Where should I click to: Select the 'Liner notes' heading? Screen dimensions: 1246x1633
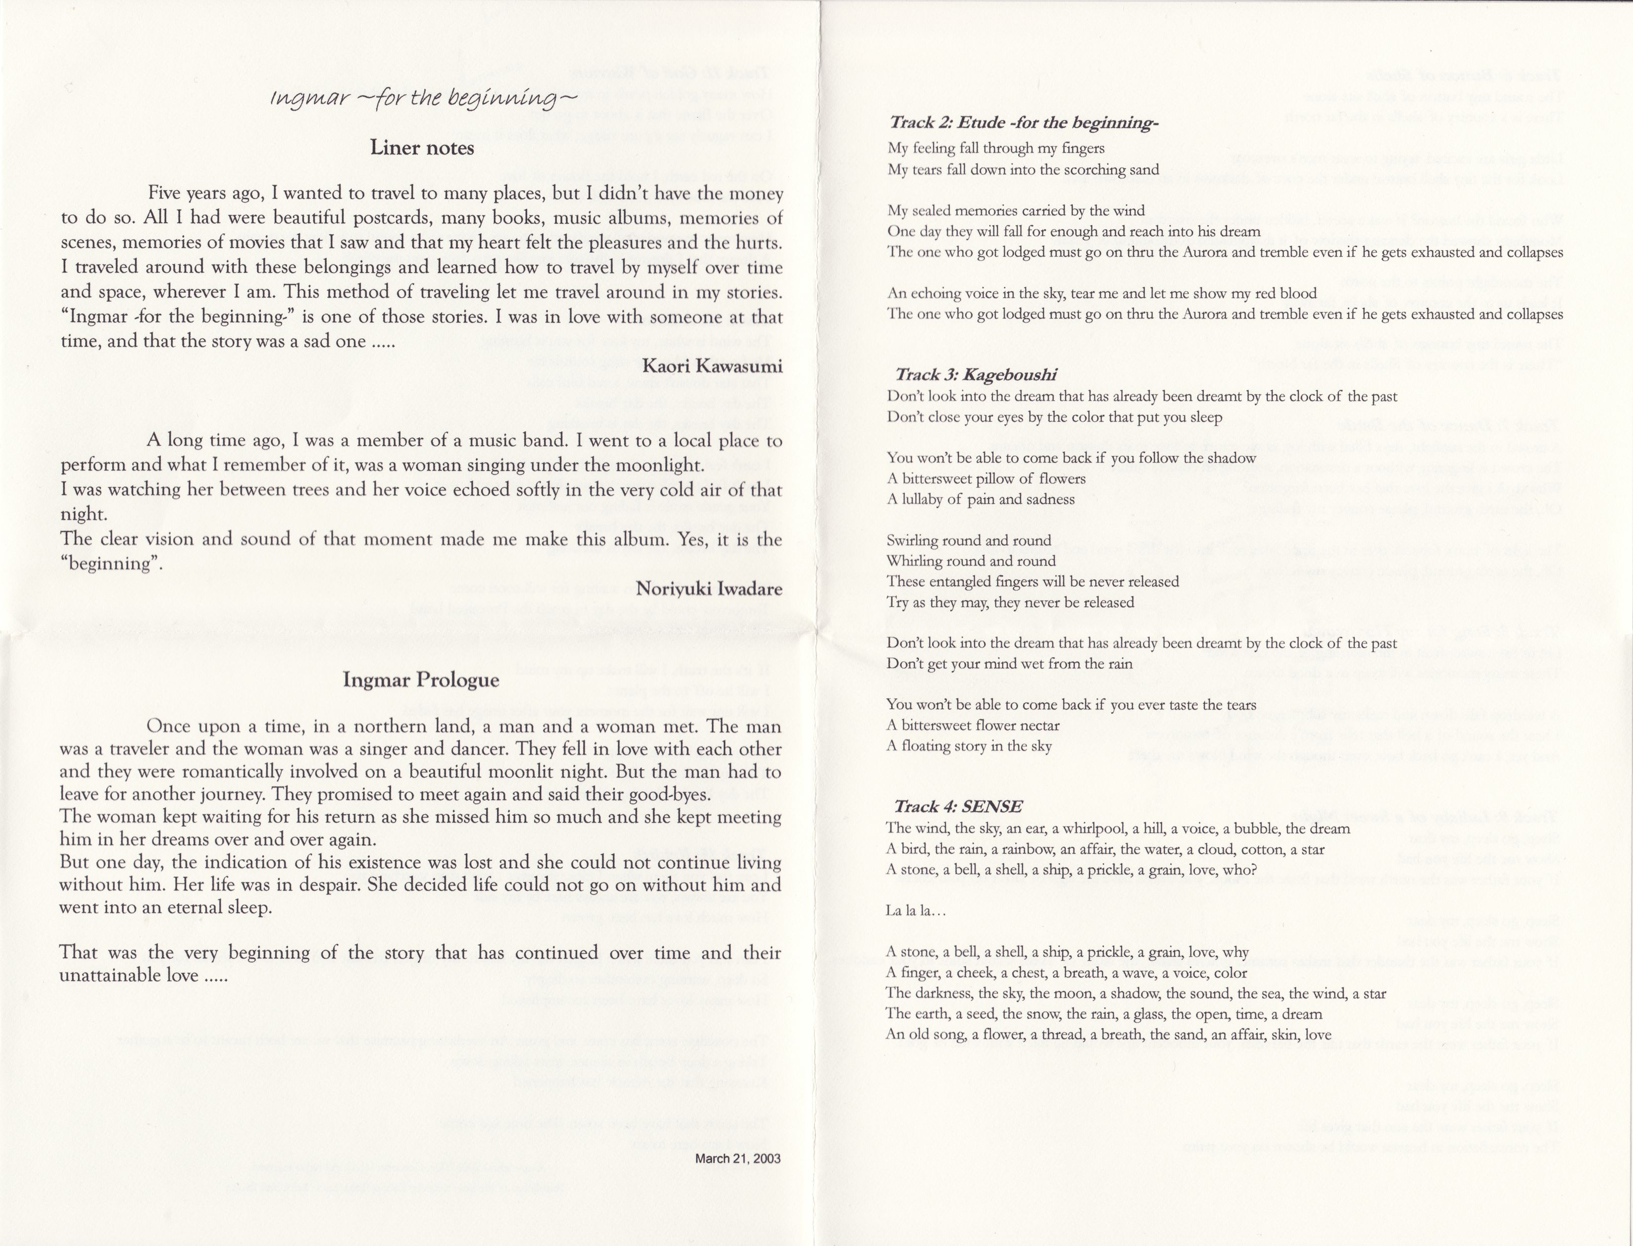point(422,148)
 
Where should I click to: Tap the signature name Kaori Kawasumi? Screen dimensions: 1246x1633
point(712,366)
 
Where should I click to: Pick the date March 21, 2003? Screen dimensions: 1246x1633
point(737,1158)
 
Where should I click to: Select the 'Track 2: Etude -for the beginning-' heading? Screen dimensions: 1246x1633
point(1023,122)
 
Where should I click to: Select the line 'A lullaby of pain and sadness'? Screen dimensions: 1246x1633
point(980,499)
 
